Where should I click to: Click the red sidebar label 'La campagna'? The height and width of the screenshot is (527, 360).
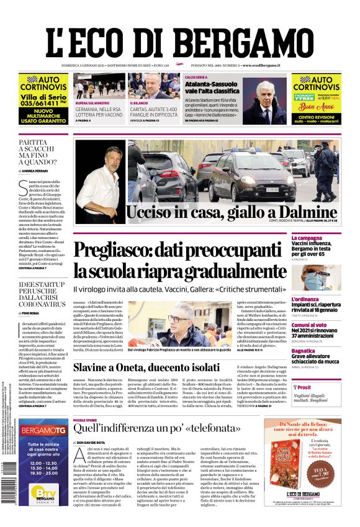tap(323, 238)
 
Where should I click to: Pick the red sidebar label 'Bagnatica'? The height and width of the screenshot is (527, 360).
tap(321, 350)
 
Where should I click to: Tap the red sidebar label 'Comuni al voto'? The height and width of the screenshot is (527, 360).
tap(326, 325)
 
